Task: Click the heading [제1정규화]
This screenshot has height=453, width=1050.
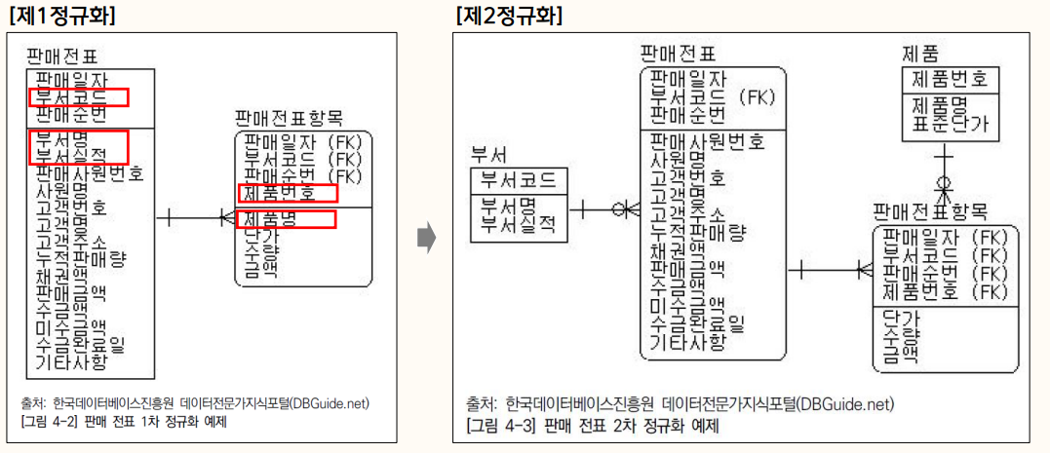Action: click(x=59, y=16)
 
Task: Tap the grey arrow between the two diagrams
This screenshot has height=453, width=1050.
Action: click(x=425, y=237)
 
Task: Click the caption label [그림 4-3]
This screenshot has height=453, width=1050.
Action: click(x=497, y=426)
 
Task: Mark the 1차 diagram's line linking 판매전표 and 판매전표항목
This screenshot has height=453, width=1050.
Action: click(x=195, y=215)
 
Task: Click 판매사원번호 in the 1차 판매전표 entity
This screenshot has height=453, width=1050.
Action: click(x=90, y=173)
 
